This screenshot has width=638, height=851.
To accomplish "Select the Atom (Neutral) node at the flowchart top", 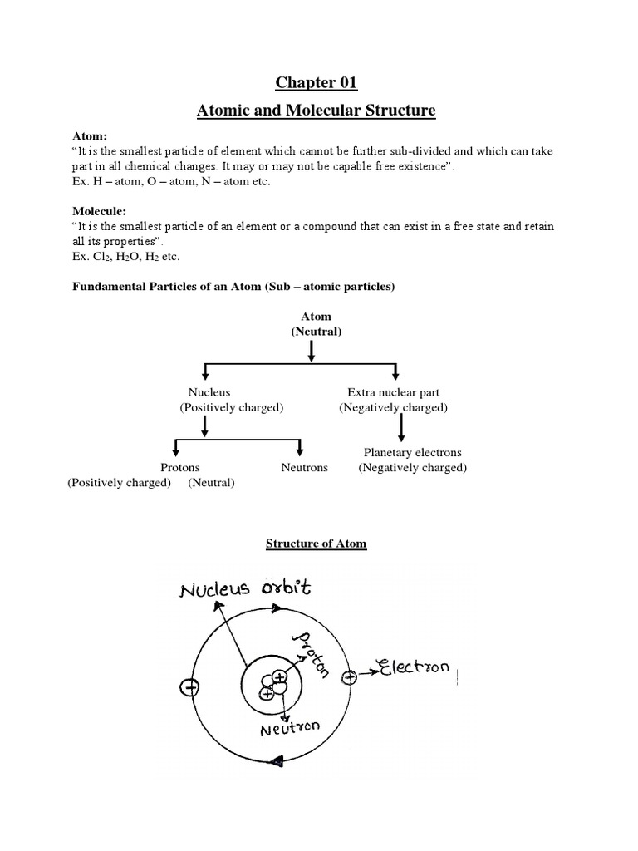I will [x=311, y=324].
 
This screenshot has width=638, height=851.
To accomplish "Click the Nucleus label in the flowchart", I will [x=209, y=391].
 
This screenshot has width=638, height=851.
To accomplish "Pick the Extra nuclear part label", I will [x=393, y=391].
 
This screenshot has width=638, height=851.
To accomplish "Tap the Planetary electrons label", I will [x=412, y=453].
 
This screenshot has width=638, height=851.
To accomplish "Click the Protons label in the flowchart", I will [x=179, y=468].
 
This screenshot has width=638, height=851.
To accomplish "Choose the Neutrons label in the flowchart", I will [x=304, y=468].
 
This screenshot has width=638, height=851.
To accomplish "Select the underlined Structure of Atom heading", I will [x=316, y=544].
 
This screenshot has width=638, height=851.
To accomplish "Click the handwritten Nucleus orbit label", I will [x=244, y=589].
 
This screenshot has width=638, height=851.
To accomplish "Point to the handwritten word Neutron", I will [x=291, y=730].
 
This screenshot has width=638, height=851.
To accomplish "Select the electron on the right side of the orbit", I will [x=349, y=677].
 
